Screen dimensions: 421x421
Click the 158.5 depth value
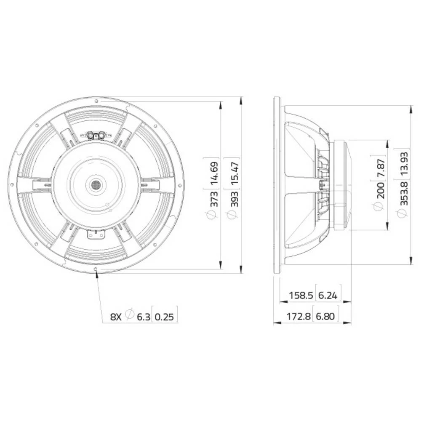point(301,296)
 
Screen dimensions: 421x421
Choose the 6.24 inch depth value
point(328,296)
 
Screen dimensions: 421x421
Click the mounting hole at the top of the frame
point(96,101)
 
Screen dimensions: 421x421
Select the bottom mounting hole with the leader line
point(97,268)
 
